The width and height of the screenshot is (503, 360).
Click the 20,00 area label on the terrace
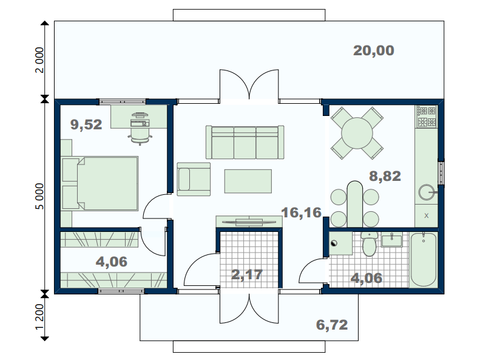373,51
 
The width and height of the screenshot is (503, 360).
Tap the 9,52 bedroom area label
86,124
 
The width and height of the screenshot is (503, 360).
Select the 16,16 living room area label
301,212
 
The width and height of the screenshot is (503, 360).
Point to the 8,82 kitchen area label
385,176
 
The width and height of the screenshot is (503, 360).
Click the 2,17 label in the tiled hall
247,274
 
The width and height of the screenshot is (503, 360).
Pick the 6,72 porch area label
332,325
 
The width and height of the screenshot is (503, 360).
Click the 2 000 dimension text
39,60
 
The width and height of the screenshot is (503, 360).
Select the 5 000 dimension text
39,196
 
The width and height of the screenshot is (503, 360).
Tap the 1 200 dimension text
39,317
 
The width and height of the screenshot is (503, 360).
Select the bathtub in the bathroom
424,259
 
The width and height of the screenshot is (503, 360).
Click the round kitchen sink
427,192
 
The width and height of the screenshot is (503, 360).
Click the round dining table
357,133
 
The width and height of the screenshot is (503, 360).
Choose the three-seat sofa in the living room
245,142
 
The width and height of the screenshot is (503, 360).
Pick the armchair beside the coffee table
194,179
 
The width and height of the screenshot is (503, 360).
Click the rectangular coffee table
248,182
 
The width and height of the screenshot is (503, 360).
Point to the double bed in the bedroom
100,183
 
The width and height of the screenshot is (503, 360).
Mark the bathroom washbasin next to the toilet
391,240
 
